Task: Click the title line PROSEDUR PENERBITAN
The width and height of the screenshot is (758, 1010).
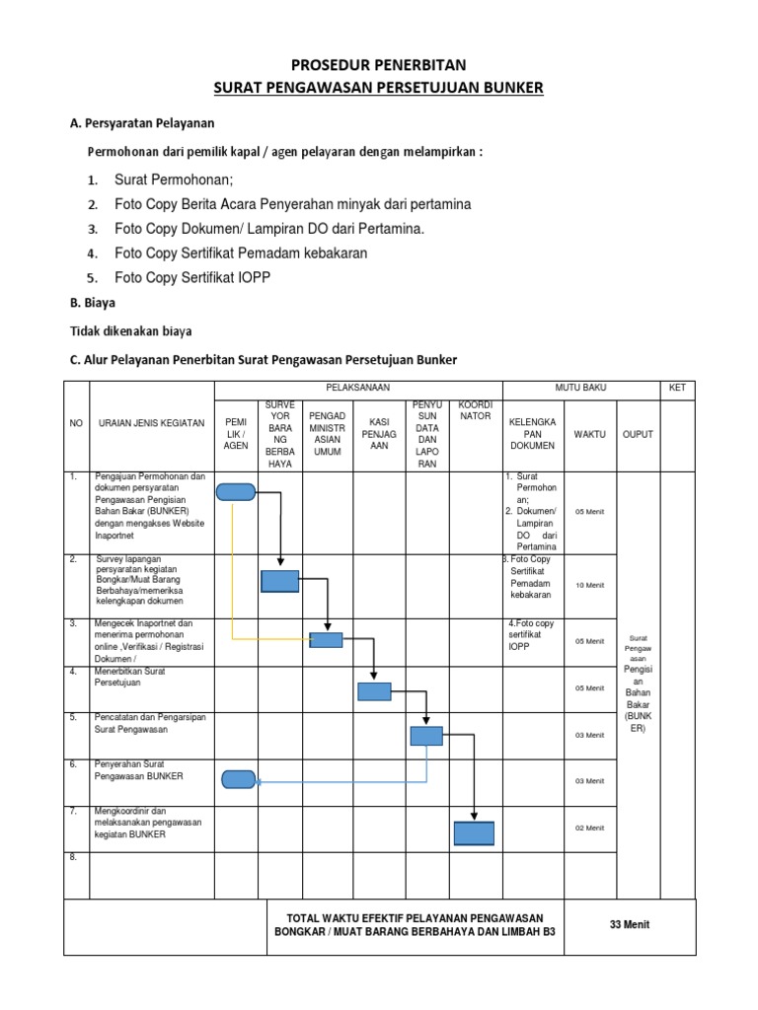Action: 379,67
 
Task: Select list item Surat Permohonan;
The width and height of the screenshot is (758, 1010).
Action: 174,180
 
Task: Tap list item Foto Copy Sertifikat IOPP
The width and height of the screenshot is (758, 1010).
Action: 191,278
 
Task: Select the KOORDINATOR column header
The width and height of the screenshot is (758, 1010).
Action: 476,409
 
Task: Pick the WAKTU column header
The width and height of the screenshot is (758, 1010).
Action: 590,434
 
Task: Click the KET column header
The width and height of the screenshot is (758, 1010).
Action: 677,388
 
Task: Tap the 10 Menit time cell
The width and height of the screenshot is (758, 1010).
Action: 590,585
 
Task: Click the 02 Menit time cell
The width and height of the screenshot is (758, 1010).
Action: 590,828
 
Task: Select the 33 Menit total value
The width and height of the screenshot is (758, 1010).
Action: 629,924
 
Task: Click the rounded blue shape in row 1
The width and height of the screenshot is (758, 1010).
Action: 236,492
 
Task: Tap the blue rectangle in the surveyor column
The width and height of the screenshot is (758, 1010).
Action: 280,581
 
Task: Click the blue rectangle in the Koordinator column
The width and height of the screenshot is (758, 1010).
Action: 474,833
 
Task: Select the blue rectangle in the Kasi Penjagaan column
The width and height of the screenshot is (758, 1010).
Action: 374,691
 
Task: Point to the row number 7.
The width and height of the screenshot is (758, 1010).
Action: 73,811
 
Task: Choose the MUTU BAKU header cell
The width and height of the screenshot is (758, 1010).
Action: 580,388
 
